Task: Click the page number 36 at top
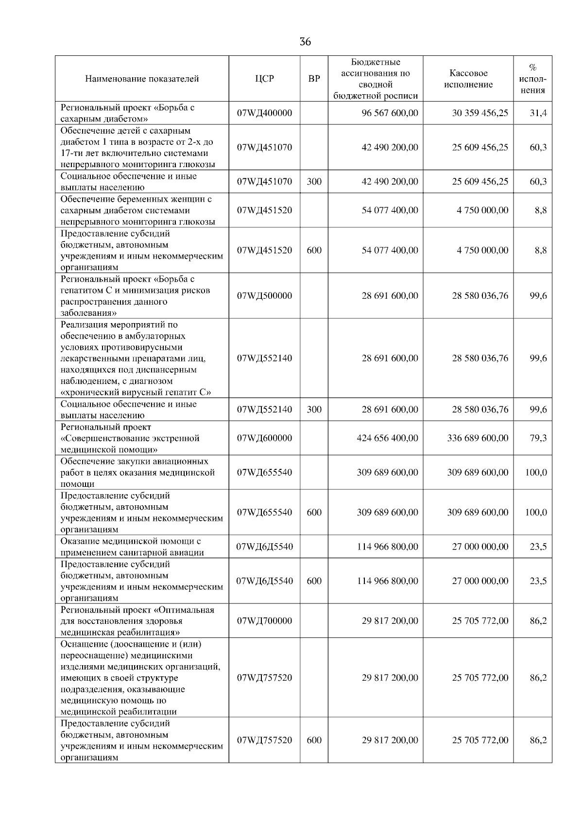pos(305,42)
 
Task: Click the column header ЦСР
pos(265,79)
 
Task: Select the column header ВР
pos(314,79)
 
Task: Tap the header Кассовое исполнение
pos(468,79)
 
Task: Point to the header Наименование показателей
pos(142,79)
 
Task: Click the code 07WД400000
pos(265,113)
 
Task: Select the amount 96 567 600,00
pos(390,113)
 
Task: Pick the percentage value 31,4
pos(538,113)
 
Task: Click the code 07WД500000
pos(265,295)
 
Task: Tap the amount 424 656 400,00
pos(387,438)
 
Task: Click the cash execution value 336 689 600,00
pos(478,438)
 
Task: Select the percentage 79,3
pos(538,438)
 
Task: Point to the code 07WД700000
pos(265,620)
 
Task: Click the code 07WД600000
pos(265,438)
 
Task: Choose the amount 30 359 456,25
pos(480,113)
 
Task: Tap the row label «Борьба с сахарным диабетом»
pos(127,113)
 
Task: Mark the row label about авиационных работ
pos(137,472)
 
